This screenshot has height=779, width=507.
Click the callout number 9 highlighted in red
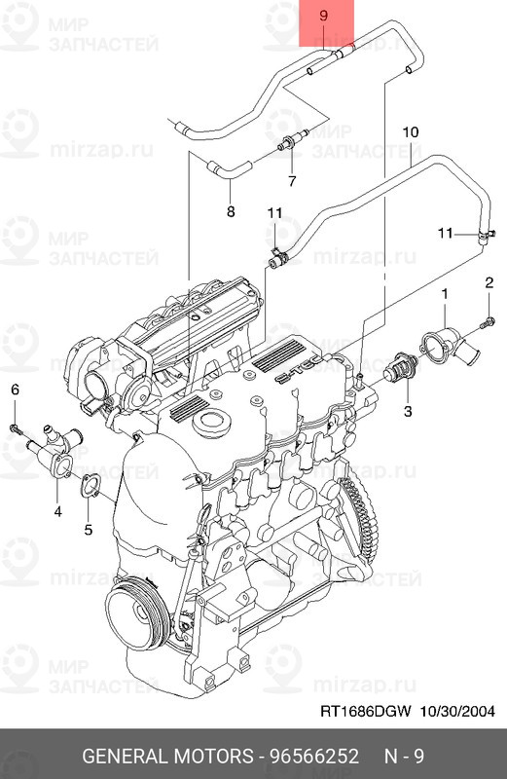click(323, 17)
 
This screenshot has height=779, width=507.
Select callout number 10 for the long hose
click(409, 130)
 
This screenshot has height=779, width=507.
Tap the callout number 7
click(290, 181)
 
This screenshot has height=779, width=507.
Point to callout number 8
click(231, 210)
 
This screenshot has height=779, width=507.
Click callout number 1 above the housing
click(445, 293)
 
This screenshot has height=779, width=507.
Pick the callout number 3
click(408, 412)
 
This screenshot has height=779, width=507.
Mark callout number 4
click(57, 509)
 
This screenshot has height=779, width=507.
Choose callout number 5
click(88, 530)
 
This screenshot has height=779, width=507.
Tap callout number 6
click(15, 389)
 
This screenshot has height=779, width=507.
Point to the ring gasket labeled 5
click(90, 484)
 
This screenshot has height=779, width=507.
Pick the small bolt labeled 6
click(16, 427)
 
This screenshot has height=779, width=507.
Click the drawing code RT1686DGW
click(365, 712)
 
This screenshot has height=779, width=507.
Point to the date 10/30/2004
click(458, 712)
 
